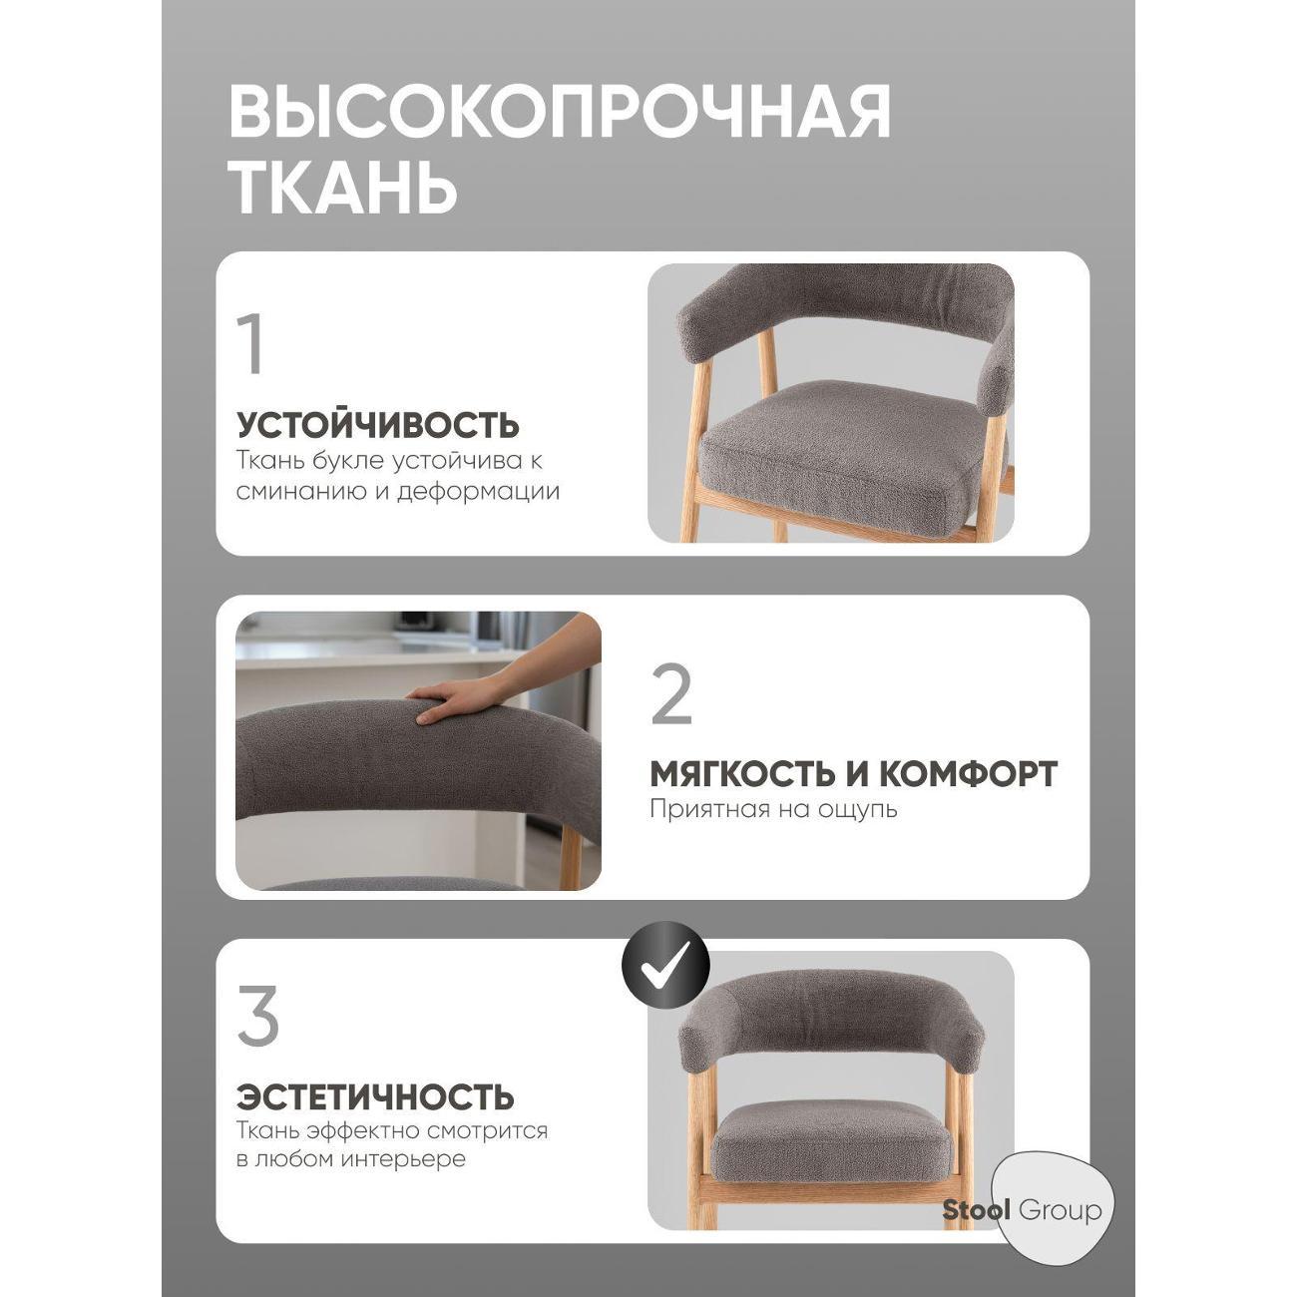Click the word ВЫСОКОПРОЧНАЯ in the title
click(x=559, y=112)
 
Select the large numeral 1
click(x=251, y=344)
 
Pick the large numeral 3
click(x=258, y=1017)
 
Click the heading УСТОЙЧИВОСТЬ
click(x=378, y=425)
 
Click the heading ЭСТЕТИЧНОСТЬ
click(x=375, y=1097)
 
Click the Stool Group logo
click(x=1022, y=1211)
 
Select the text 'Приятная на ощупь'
click(x=773, y=808)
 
